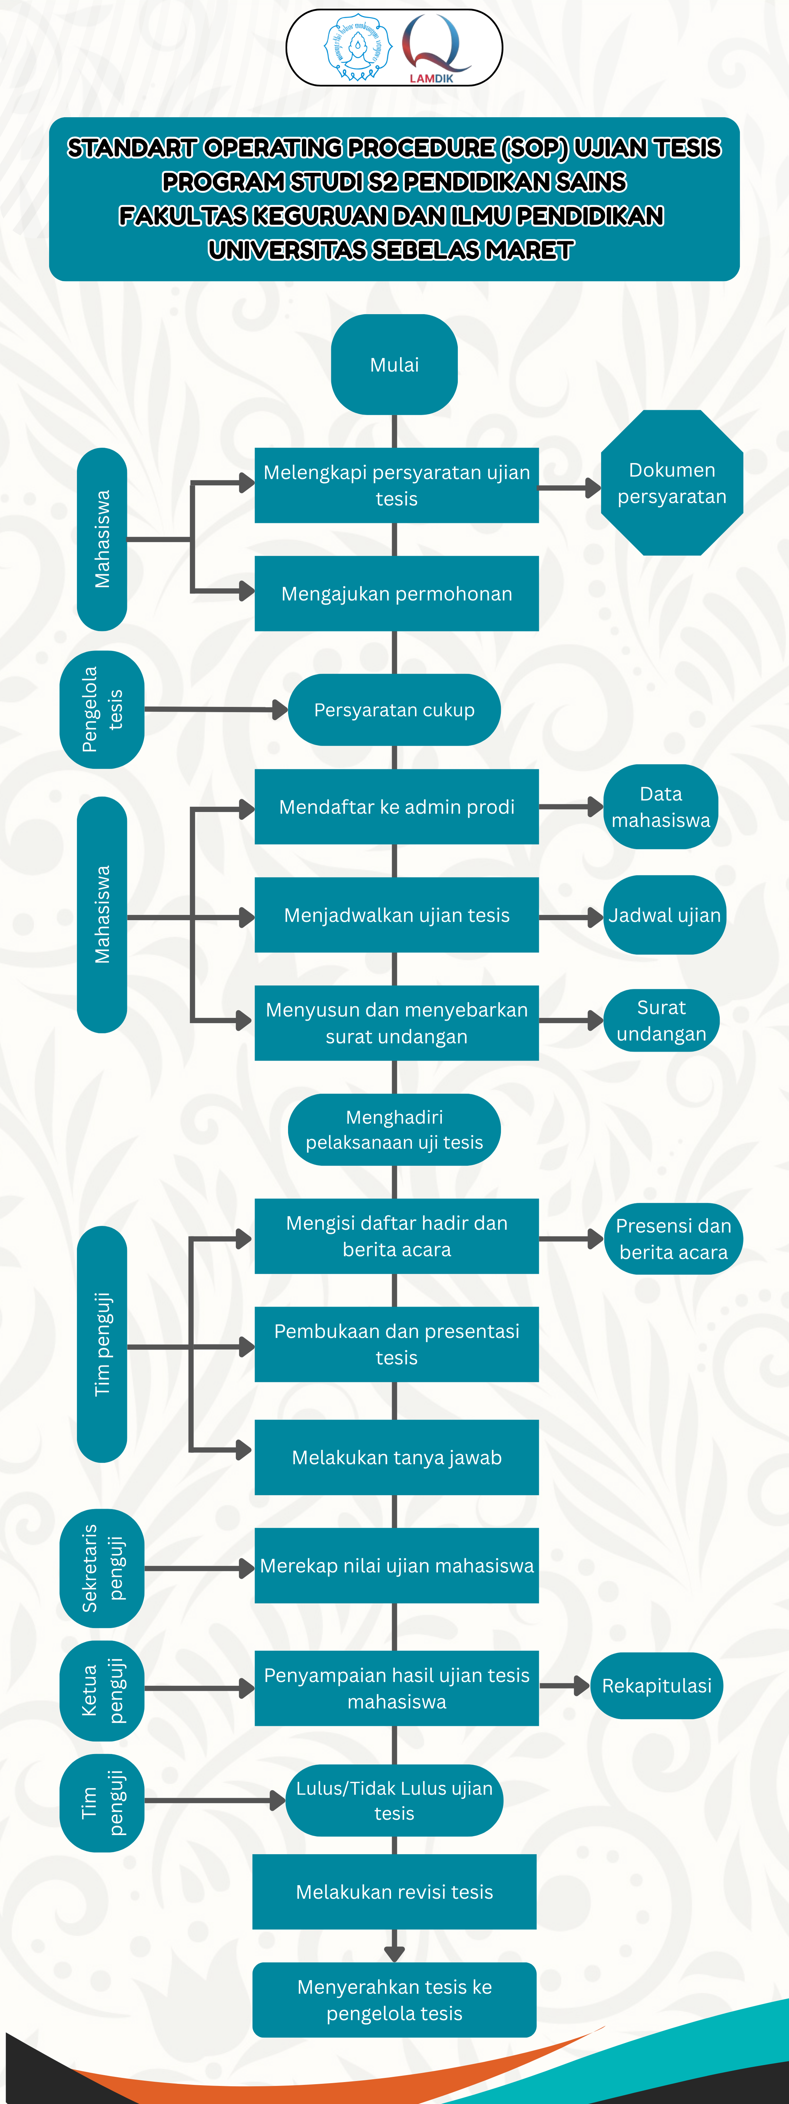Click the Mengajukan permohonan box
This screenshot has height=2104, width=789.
click(x=396, y=594)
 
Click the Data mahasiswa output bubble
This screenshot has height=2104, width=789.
click(x=661, y=807)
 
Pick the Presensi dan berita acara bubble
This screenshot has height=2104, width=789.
click(x=673, y=1239)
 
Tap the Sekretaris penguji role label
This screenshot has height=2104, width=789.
click(x=102, y=1568)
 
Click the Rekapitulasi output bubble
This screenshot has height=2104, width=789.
click(x=657, y=1686)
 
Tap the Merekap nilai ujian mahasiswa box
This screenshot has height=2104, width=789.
click(x=396, y=1566)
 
